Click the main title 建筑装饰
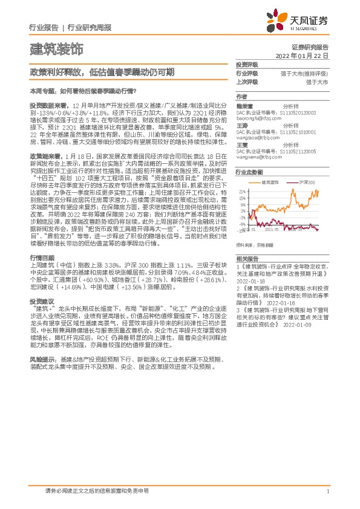point(56,48)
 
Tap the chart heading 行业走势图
point(247,172)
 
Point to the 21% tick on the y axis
point(241,189)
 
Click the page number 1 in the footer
point(327,492)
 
